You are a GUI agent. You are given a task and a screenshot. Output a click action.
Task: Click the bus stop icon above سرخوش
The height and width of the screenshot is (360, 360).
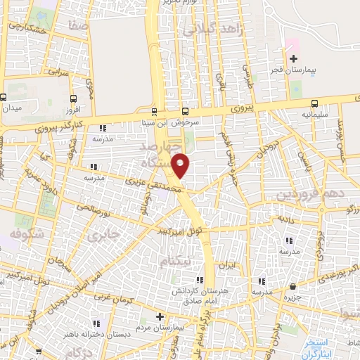pos(186,111)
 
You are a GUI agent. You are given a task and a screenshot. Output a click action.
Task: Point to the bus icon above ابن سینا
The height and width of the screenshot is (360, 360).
pos(155,112)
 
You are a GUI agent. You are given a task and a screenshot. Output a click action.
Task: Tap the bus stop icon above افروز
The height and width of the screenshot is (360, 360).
pos(73,98)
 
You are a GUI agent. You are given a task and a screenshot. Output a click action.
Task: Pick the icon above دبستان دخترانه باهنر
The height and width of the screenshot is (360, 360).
pos(97,323)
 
